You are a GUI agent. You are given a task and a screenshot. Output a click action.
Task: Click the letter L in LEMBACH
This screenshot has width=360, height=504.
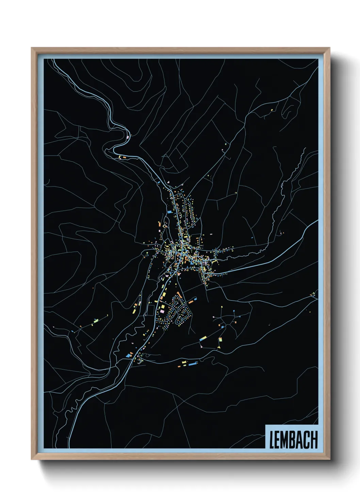272,440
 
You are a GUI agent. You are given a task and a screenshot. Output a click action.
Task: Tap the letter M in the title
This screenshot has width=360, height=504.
286,440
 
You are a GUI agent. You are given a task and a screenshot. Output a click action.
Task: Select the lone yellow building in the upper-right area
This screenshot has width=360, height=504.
272,110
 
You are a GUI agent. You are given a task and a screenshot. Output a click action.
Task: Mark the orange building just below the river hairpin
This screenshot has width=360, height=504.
124,157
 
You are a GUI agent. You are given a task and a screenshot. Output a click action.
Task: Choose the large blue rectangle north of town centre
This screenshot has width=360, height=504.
169,212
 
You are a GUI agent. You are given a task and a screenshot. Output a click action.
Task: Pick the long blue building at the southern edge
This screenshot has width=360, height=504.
193,364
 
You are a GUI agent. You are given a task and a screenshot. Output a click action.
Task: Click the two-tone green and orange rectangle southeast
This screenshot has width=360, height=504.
220,340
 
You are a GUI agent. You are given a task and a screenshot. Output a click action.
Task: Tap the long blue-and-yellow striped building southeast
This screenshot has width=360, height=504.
203,338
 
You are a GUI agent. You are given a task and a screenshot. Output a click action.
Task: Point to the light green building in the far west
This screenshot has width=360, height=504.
96,320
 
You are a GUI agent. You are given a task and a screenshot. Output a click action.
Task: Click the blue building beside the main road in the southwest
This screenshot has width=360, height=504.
128,356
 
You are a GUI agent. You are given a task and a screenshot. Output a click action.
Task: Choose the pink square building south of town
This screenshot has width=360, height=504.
162,311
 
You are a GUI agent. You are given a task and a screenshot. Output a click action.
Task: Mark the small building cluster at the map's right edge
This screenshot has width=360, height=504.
313,294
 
